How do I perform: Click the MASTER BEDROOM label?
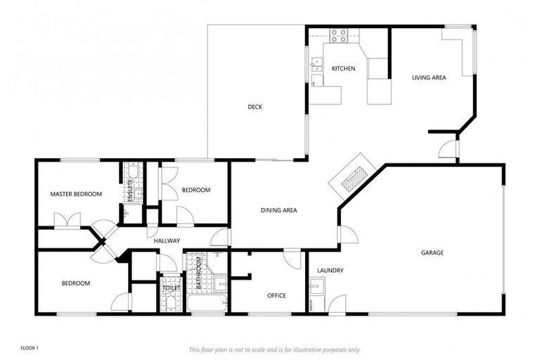tap(76, 194)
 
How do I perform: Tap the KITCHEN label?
tap(343, 69)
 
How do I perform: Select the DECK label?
tap(255, 107)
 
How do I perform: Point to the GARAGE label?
tap(432, 252)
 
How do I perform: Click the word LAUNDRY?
tap(330, 270)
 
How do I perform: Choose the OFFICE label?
tap(276, 295)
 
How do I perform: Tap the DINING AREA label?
tap(278, 210)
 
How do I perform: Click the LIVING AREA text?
tap(429, 77)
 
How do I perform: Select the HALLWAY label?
tap(167, 241)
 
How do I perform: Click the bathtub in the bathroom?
tap(206, 304)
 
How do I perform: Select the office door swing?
tap(292, 259)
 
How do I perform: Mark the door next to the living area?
tap(447, 148)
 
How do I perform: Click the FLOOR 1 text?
tap(29, 348)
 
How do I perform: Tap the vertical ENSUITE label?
tap(130, 191)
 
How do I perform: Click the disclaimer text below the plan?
tap(274, 349)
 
